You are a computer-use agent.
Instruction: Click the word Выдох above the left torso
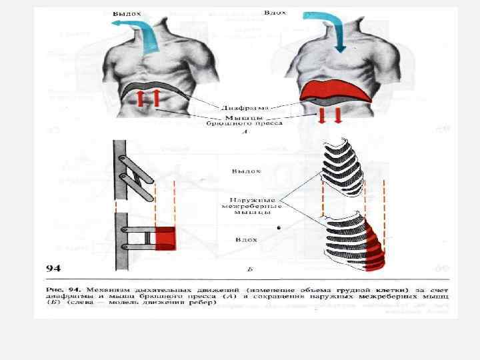(x=126, y=13)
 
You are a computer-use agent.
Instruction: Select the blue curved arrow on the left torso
(x=143, y=33)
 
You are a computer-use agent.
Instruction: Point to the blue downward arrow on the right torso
(x=329, y=29)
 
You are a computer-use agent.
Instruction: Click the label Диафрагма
(x=245, y=107)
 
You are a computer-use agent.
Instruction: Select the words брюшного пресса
(x=245, y=123)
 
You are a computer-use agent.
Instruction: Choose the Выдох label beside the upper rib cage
(x=246, y=171)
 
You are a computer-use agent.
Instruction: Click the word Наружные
(x=249, y=199)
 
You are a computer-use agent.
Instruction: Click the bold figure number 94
(x=53, y=268)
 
